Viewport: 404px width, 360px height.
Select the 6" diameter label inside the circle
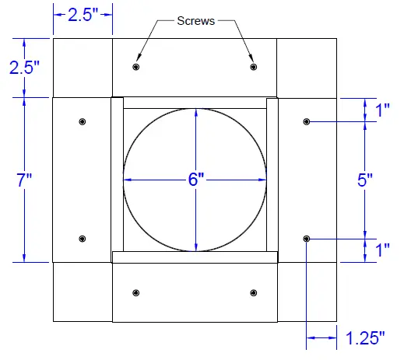[195, 180]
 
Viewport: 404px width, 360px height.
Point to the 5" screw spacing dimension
[365, 180]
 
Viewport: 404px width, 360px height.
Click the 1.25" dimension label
[365, 337]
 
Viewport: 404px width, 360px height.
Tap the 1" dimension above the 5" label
[381, 110]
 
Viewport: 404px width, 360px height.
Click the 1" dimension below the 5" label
[381, 250]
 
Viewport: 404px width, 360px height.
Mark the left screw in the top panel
[136, 68]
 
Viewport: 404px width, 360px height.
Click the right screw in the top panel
[253, 68]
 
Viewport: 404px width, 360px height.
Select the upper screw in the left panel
[83, 122]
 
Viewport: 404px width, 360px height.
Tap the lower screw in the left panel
[83, 239]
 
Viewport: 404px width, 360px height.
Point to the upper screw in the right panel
[307, 122]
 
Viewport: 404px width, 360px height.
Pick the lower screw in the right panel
[307, 239]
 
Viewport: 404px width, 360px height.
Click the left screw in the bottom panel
[136, 293]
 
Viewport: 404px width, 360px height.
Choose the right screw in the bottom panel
[253, 293]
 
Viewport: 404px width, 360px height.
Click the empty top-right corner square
[306, 67]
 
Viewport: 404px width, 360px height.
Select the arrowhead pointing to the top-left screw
[139, 58]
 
